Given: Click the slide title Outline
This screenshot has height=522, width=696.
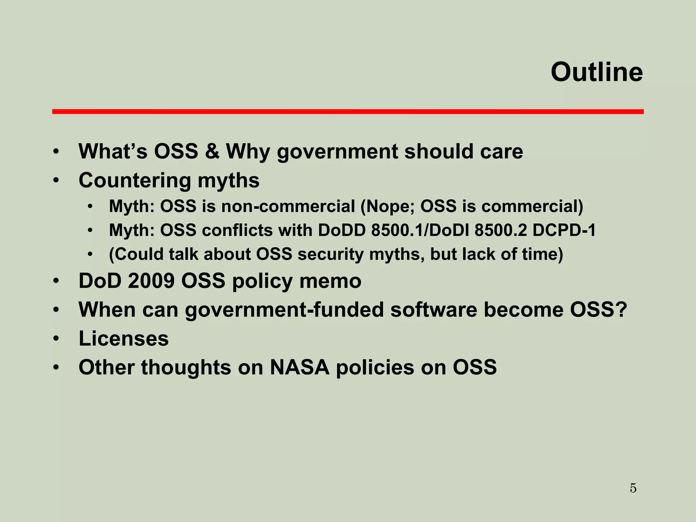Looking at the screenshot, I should point(596,72).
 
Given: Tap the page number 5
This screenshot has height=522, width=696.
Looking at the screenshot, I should point(633,488).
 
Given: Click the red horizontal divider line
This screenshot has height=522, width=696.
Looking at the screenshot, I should point(348,111).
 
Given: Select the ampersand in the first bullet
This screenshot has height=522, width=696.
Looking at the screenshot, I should point(212,151).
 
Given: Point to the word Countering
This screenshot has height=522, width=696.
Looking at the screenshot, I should point(135,180).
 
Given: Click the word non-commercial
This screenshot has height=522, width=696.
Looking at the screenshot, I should point(288,206).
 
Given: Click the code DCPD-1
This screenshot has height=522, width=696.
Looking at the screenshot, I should point(564,230).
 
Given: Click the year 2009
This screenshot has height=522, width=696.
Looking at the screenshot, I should point(151,281).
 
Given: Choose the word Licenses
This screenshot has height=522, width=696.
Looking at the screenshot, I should point(124,338).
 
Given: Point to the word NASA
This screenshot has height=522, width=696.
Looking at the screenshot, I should point(299,367).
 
